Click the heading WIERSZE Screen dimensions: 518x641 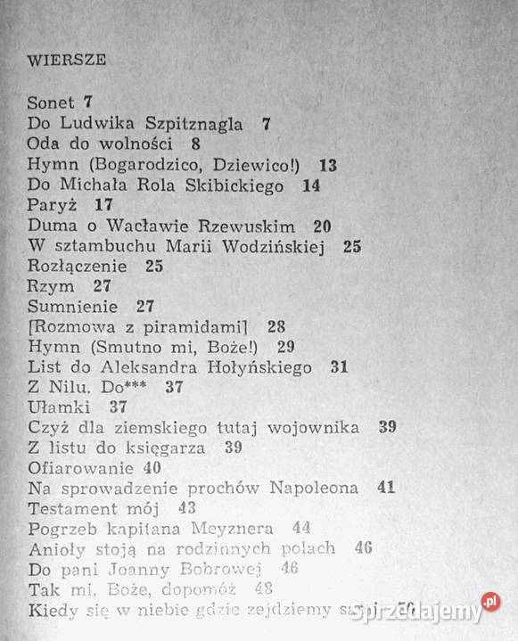(67, 61)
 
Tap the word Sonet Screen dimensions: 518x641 (51, 103)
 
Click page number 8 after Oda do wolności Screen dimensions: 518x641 (195, 144)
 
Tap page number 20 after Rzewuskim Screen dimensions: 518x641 (323, 226)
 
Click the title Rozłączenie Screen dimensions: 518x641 (78, 267)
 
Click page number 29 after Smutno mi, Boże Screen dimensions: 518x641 (285, 346)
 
